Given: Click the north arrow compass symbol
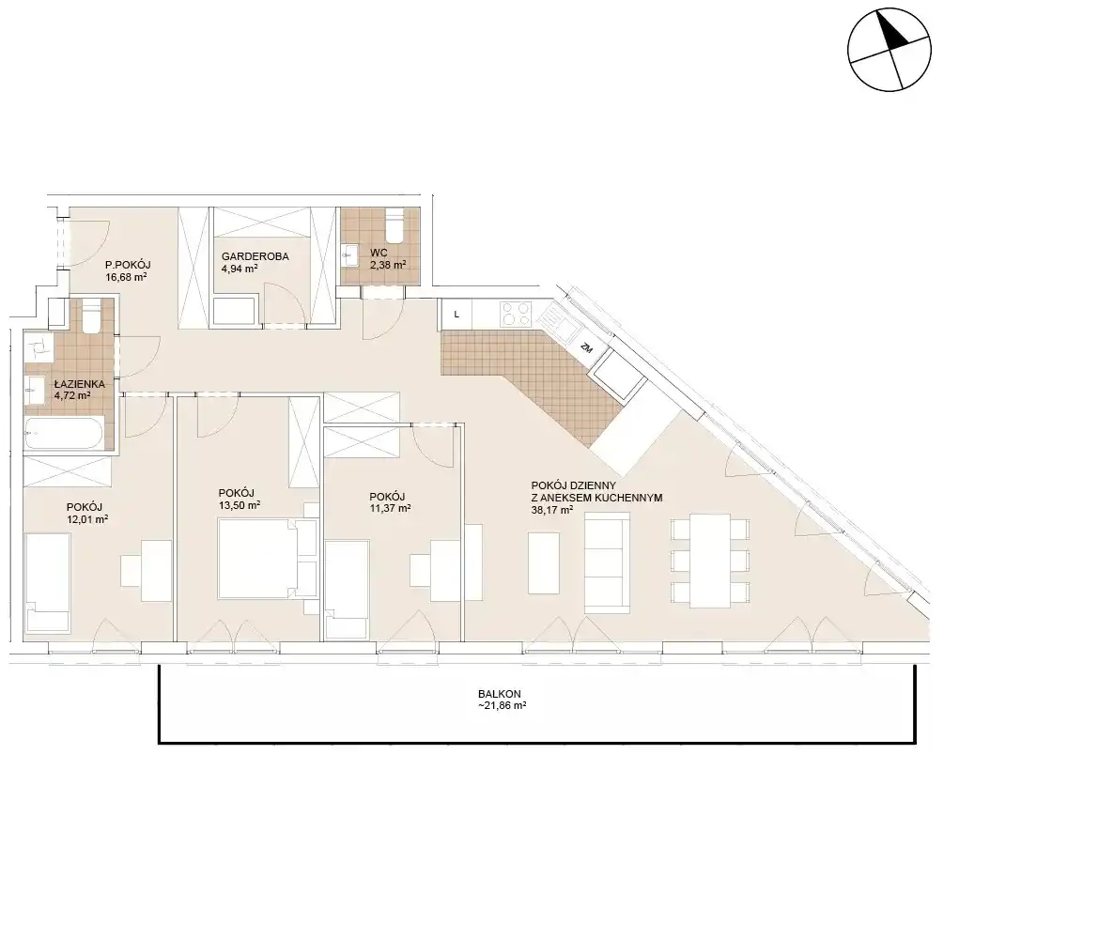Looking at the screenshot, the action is pyautogui.click(x=889, y=50).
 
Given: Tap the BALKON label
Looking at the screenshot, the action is pyautogui.click(x=500, y=694).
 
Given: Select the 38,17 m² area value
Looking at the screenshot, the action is pyautogui.click(x=552, y=509).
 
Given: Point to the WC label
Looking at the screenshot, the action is pyautogui.click(x=379, y=253).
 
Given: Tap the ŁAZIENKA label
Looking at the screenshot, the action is pyautogui.click(x=80, y=384).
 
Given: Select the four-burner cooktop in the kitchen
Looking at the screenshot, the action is pyautogui.click(x=517, y=314).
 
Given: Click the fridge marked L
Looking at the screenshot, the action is pyautogui.click(x=456, y=314).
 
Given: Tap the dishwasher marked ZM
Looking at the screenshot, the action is pyautogui.click(x=587, y=347).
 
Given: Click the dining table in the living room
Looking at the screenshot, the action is pyautogui.click(x=710, y=562).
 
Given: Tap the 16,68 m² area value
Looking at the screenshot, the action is pyautogui.click(x=127, y=277).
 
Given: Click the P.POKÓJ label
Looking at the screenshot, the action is pyautogui.click(x=128, y=265).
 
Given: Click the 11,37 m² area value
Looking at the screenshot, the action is pyautogui.click(x=390, y=509).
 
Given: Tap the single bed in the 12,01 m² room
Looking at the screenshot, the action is pyautogui.click(x=48, y=582).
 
